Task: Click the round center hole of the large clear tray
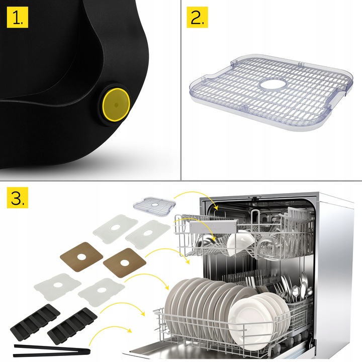tap(271, 84)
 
